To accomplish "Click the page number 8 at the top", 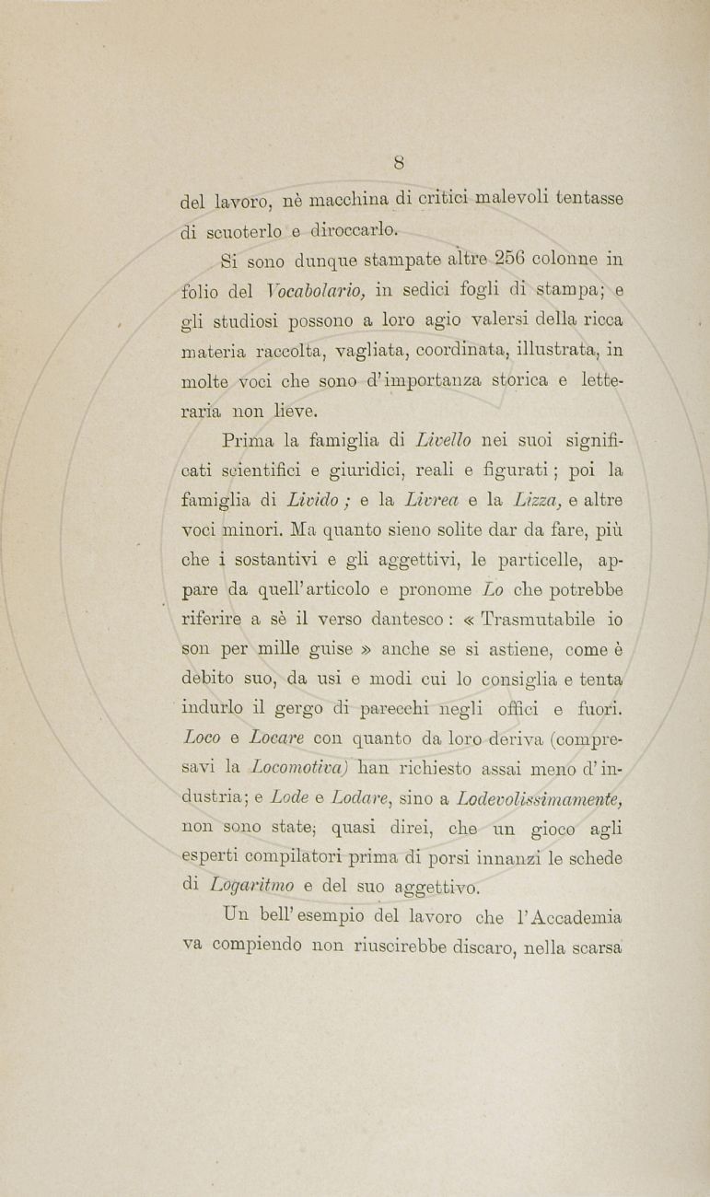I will tap(399, 164).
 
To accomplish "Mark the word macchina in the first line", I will tap(348, 199).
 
